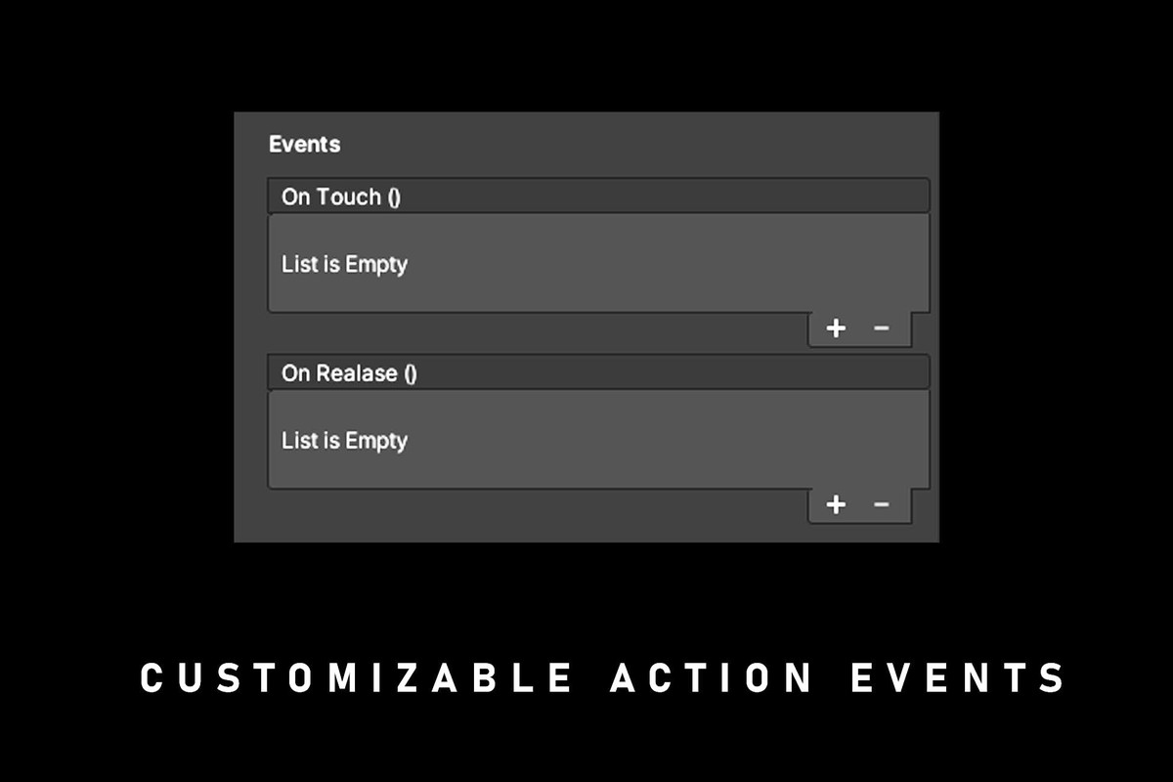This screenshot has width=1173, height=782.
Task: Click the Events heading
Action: tap(304, 144)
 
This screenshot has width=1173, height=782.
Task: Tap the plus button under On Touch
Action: tap(836, 328)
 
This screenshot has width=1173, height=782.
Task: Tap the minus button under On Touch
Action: tap(882, 328)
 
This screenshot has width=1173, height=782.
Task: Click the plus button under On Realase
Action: tap(836, 504)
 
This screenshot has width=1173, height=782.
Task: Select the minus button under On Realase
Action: tap(882, 504)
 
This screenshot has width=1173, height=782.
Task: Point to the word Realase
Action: tap(357, 373)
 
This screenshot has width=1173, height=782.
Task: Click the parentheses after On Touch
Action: tap(394, 197)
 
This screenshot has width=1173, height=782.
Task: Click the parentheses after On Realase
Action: tap(411, 374)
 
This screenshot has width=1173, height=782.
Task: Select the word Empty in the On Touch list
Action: tap(376, 266)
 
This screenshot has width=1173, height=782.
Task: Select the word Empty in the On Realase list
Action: tap(376, 442)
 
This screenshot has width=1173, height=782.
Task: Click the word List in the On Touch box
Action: tap(299, 264)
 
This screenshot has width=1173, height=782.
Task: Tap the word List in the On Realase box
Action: tap(299, 441)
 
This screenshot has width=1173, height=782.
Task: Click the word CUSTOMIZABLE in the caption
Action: tap(356, 677)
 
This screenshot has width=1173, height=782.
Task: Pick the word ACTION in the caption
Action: tap(712, 677)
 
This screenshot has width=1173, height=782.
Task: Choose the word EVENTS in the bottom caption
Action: tap(958, 677)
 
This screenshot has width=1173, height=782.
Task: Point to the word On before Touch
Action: tap(295, 196)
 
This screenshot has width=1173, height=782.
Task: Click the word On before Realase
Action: tap(295, 373)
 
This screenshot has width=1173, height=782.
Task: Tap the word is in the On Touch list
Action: tap(331, 264)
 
